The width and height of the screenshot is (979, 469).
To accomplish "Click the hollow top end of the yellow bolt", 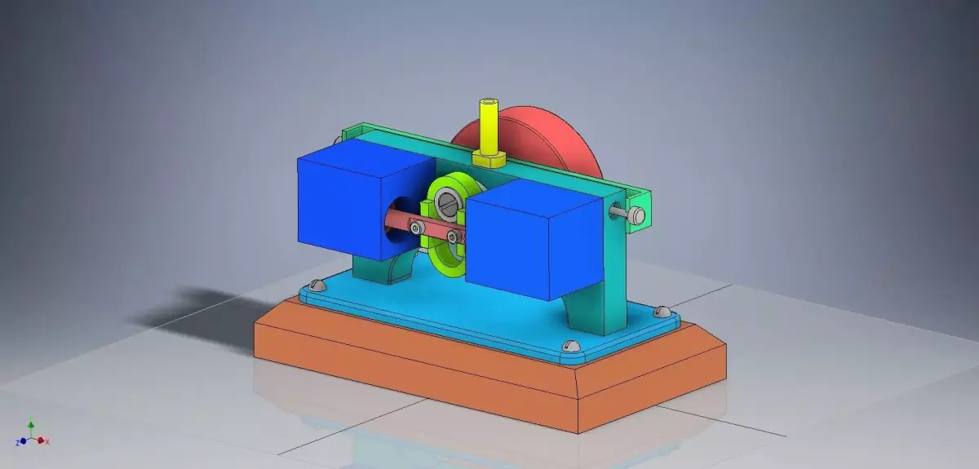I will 489,103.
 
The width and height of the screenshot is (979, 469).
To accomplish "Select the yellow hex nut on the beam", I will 489,157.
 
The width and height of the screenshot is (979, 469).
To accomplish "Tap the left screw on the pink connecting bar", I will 417,229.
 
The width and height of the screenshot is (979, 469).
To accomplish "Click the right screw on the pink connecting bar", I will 451,237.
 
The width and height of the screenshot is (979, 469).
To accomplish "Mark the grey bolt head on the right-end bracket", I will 636,215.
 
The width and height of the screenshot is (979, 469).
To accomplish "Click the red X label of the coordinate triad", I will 47,441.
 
